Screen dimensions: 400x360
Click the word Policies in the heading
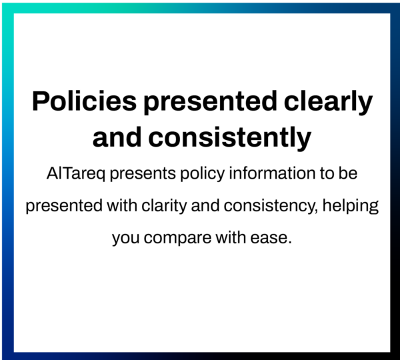point(84,101)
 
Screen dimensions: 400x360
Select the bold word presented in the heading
point(210,101)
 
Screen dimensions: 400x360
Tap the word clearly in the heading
point(328,101)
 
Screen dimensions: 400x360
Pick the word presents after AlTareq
point(143,174)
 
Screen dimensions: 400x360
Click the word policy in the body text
point(203,174)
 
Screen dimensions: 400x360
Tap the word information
point(272,173)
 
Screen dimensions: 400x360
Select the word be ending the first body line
point(348,173)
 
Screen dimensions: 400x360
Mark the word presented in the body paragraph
point(64,206)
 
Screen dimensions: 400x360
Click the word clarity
point(164,205)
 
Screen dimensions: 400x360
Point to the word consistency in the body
point(271,206)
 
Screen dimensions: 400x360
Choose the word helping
point(351,205)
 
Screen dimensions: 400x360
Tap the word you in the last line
point(126,238)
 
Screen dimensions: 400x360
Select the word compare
point(177,238)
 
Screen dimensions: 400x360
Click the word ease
point(269,238)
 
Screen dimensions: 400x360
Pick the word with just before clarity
point(122,205)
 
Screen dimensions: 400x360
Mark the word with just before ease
point(231,237)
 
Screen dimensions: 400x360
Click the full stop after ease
point(289,243)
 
